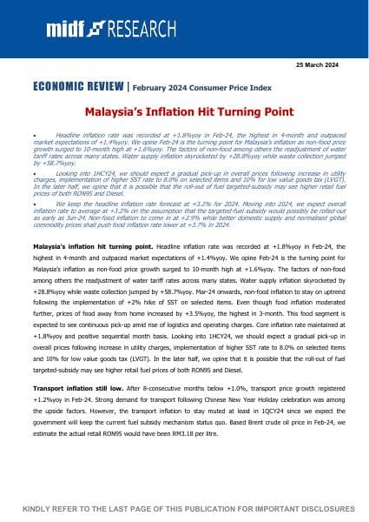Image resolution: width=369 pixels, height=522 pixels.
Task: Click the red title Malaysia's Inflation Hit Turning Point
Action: pos(184,113)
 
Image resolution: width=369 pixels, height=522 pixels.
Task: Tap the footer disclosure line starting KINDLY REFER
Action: pos(184,507)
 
